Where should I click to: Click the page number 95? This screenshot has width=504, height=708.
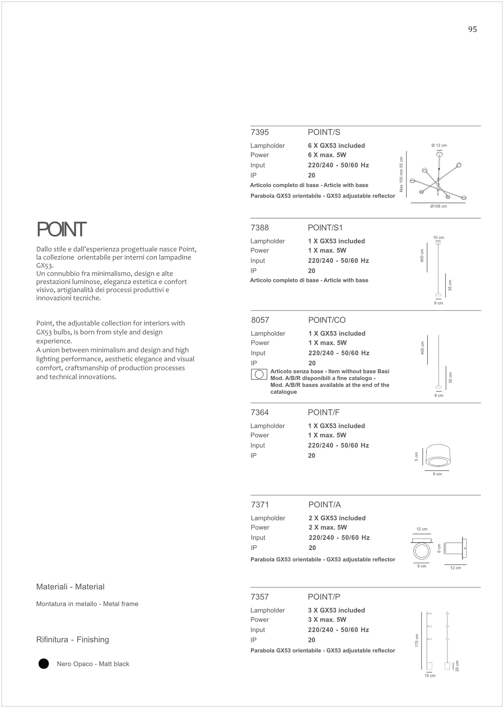tap(472, 29)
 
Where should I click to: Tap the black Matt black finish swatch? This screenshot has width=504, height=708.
tap(44, 664)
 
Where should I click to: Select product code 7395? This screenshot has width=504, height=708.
tap(260, 132)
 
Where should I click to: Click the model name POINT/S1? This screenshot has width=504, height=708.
tap(325, 228)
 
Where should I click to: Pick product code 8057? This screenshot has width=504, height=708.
tap(260, 320)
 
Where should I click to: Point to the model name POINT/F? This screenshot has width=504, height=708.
tap(324, 412)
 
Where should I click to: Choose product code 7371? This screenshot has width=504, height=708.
tap(260, 505)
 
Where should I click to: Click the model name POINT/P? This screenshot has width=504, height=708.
tap(324, 597)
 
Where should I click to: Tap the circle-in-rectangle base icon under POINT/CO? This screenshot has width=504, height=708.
tap(259, 374)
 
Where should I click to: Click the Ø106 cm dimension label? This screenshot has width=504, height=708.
tap(438, 206)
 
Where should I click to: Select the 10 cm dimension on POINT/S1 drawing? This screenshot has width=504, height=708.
tap(438, 238)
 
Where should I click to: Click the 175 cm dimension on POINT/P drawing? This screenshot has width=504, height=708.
tap(417, 641)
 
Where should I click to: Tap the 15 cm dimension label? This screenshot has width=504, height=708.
tap(430, 676)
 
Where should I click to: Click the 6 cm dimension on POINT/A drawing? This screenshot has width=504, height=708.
tap(439, 548)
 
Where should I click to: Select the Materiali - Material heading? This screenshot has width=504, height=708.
tap(70, 587)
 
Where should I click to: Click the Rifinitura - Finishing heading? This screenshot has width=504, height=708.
tap(72, 640)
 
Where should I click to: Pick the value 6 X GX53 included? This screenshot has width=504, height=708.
tap(336, 146)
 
